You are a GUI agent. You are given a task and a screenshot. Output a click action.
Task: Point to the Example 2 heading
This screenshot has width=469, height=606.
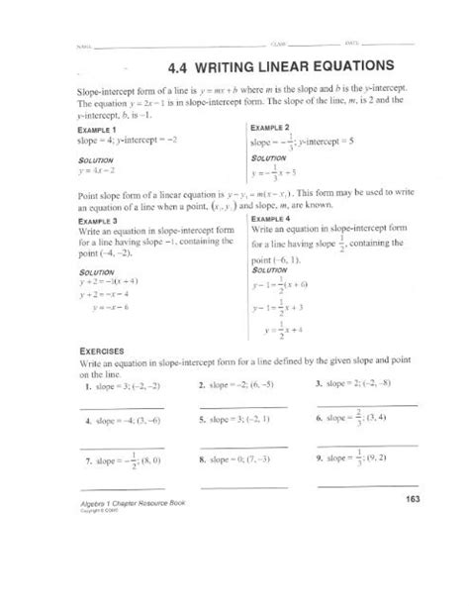pyautogui.click(x=268, y=128)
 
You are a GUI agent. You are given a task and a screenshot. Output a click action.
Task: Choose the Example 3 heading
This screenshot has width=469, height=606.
pyautogui.click(x=95, y=222)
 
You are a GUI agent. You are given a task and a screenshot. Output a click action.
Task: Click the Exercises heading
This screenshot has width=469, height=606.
pyautogui.click(x=101, y=351)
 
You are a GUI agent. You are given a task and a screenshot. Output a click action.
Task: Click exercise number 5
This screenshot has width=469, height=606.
pyautogui.click(x=203, y=421)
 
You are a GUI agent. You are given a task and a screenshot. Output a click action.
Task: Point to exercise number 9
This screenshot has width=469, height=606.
pyautogui.click(x=321, y=460)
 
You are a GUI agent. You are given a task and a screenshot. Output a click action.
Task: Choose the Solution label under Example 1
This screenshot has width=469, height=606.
pyautogui.click(x=92, y=158)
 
